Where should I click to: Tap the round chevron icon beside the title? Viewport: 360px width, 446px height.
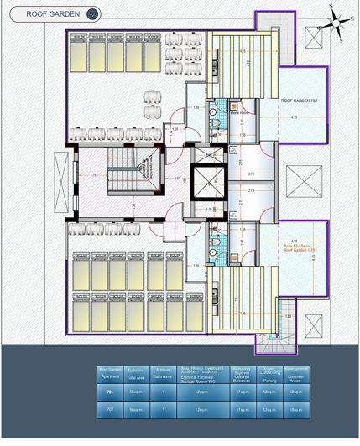click(92, 13)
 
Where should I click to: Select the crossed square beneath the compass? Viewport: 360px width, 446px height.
click(318, 38)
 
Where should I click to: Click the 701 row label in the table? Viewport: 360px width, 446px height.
click(110, 392)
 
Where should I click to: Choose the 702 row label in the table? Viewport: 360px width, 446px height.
click(110, 409)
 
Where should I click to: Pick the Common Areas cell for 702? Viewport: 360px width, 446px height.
click(295, 409)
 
